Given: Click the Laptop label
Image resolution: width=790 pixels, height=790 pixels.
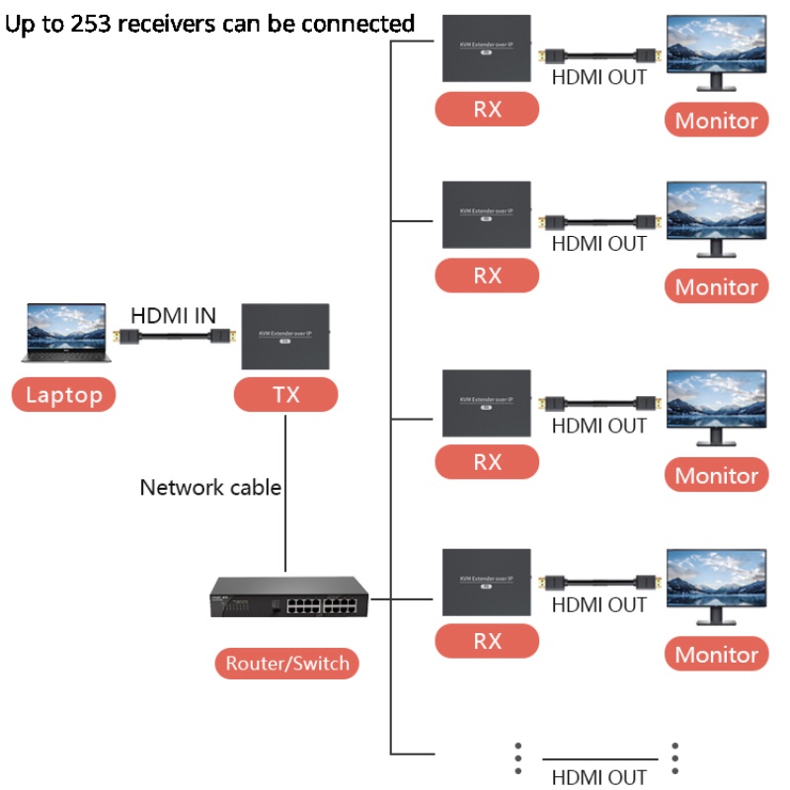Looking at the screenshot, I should point(64,396).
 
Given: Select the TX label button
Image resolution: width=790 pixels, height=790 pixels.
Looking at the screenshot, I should point(286,396).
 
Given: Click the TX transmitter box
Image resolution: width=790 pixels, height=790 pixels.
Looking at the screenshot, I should point(285,337).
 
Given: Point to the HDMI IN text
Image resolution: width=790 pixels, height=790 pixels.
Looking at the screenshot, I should point(174,316).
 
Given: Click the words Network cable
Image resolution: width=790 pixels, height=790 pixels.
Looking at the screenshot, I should point(210,487).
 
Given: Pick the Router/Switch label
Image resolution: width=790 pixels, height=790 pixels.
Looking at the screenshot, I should point(287,664).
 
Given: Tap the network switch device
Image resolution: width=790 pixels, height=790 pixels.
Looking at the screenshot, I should point(287,598).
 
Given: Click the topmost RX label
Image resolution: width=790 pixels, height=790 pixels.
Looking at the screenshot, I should point(487,110).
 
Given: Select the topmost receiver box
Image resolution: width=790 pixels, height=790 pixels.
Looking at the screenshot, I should point(486,48).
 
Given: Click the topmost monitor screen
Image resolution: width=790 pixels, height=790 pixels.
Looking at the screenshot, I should point(716,45).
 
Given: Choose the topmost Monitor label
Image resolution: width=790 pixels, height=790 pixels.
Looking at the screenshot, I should point(716,120).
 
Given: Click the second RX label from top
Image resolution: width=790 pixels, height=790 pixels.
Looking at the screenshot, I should point(487,276).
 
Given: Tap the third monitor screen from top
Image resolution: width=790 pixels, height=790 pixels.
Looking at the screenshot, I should point(716,400).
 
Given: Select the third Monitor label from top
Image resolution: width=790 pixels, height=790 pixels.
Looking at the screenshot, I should point(716,475).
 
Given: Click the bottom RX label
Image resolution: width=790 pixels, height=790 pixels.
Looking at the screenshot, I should point(487,641).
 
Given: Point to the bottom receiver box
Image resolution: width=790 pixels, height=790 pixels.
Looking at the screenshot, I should point(486,582).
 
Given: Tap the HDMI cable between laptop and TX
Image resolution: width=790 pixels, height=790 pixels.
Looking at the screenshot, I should point(174,338).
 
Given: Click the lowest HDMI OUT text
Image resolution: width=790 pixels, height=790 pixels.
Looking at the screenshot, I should point(598,777).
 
